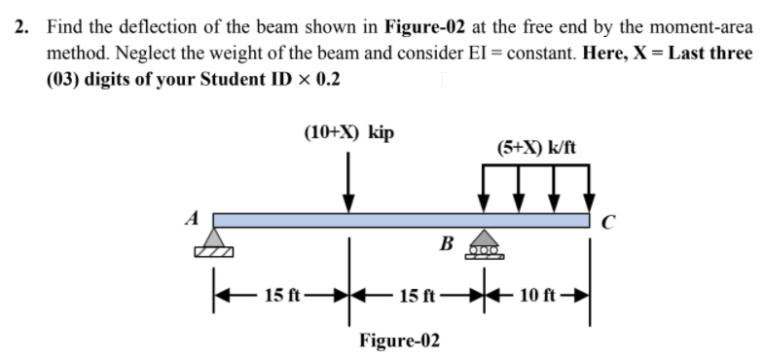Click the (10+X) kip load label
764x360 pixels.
pyautogui.click(x=348, y=131)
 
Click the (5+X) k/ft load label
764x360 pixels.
pyautogui.click(x=536, y=148)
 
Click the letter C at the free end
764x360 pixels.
pyautogui.click(x=607, y=228)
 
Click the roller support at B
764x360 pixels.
pyautogui.click(x=483, y=244)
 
